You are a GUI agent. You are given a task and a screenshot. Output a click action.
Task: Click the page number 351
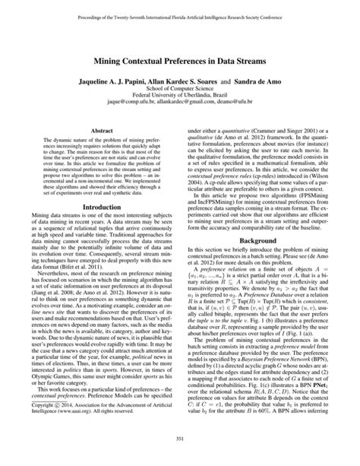(x=180, y=457)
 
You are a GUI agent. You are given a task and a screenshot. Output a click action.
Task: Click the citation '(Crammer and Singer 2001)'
(x=256, y=130)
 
